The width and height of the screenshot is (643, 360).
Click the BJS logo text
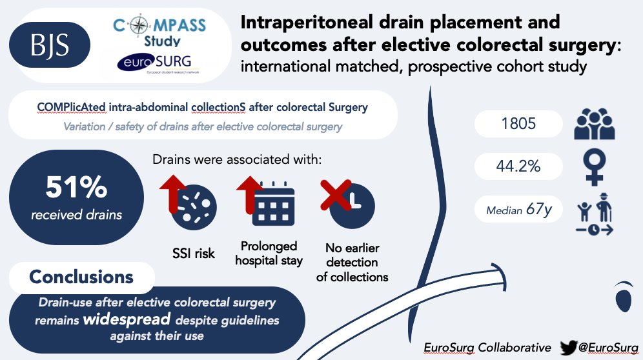click(x=50, y=45)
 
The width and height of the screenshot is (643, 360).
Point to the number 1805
click(x=518, y=123)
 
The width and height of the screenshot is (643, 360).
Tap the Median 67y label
click(x=519, y=210)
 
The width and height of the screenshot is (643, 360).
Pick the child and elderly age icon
click(x=594, y=213)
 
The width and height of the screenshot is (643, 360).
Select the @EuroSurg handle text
click(x=610, y=347)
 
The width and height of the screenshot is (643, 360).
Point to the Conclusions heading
click(x=81, y=277)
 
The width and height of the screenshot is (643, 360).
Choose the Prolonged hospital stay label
click(x=269, y=254)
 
